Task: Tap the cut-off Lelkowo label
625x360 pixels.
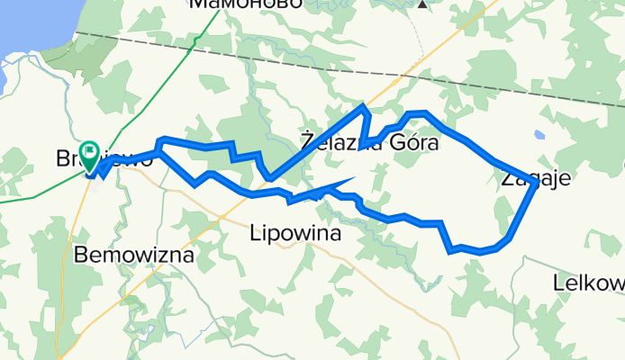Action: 590,283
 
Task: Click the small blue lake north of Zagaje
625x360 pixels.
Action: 539,135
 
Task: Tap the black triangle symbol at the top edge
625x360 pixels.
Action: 421,3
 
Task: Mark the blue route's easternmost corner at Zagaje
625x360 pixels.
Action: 538,183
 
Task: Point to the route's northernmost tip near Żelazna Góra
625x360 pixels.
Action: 364,107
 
